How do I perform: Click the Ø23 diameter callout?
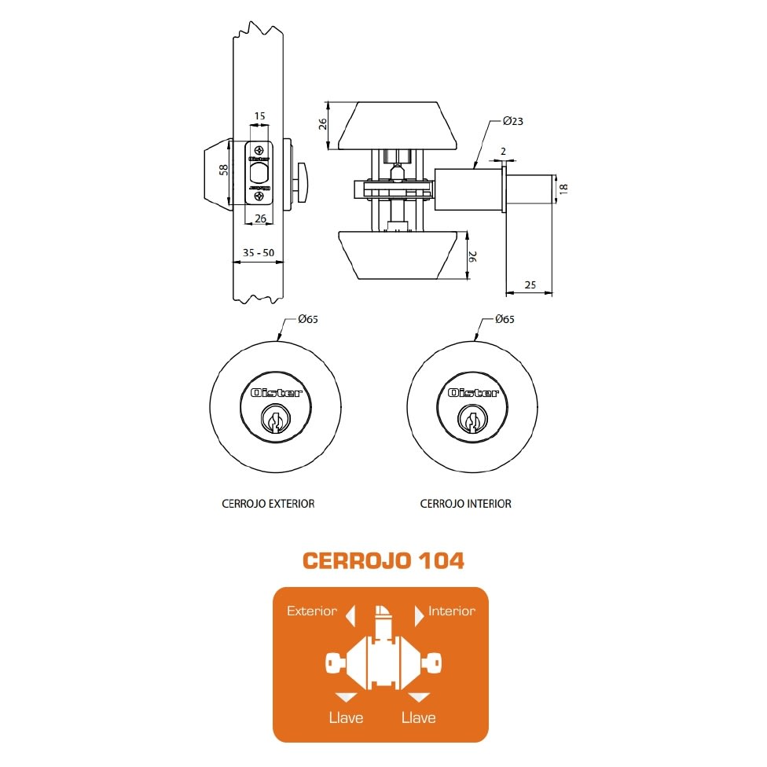(512, 121)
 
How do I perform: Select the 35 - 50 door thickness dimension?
(259, 253)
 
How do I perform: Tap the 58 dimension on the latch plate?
(223, 171)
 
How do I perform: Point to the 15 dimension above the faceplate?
(259, 116)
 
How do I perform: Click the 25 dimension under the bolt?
(530, 284)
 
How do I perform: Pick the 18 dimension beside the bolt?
(563, 189)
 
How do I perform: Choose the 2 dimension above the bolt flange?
(503, 152)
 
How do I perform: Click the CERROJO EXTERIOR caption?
(268, 503)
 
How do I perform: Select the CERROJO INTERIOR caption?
(466, 503)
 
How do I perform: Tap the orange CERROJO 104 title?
(383, 560)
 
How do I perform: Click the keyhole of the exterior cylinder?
(275, 420)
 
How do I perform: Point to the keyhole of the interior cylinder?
(472, 420)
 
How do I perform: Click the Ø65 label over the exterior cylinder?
(308, 319)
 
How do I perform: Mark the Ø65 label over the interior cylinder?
(505, 319)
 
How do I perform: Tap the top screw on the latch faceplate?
(259, 151)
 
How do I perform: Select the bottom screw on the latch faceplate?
(259, 196)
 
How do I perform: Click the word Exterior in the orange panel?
(311, 611)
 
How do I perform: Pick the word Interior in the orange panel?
(452, 611)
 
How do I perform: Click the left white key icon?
(336, 664)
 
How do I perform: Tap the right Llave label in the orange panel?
(418, 717)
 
